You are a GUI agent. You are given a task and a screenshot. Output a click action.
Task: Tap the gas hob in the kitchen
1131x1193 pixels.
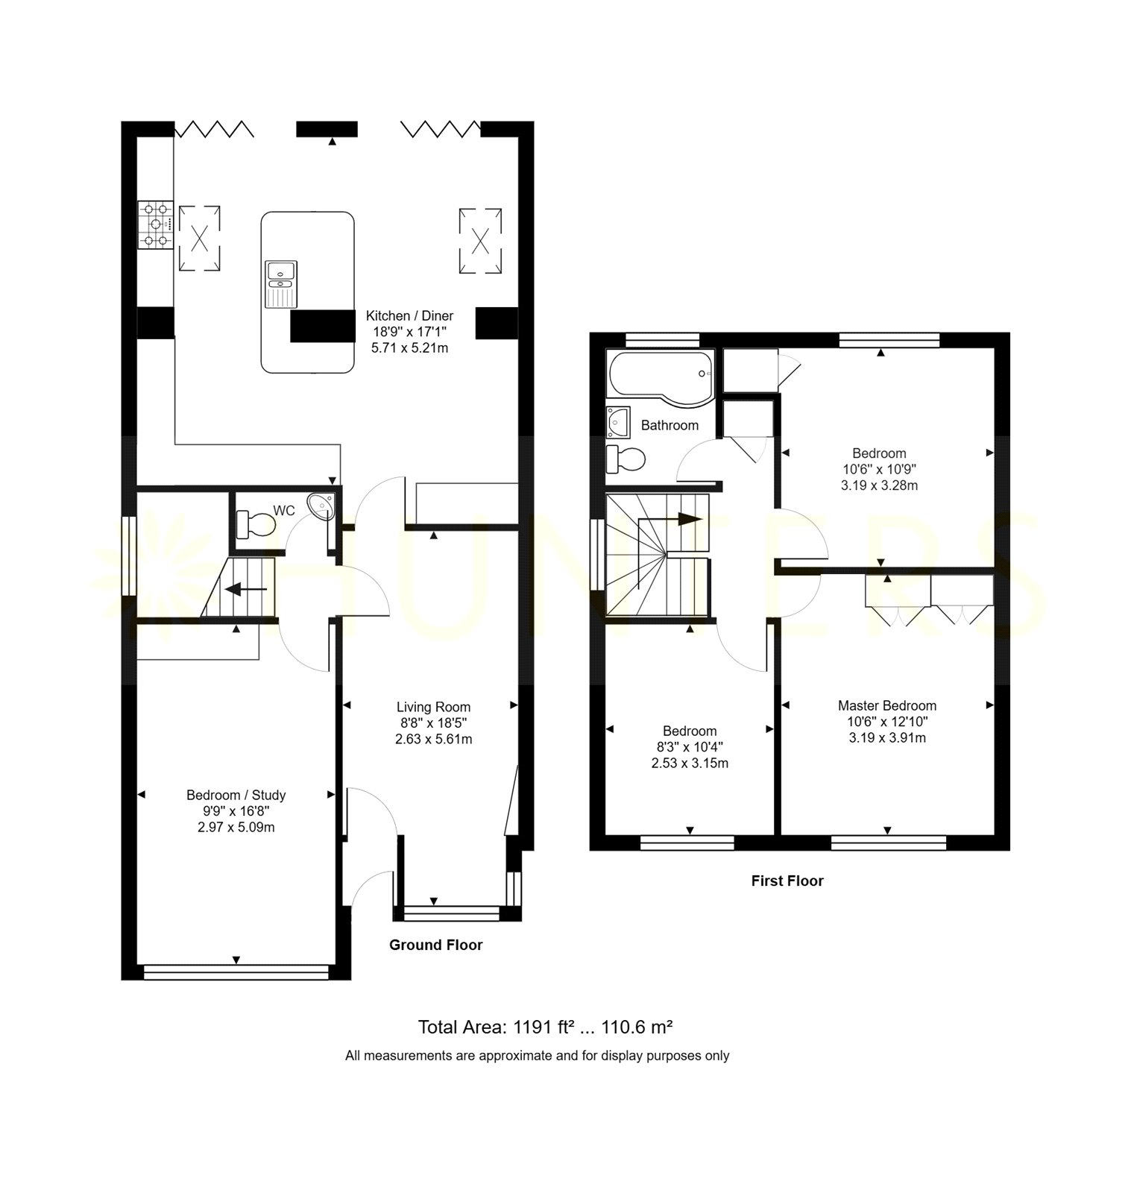(156, 224)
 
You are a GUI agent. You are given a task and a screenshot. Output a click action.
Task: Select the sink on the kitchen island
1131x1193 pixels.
(281, 283)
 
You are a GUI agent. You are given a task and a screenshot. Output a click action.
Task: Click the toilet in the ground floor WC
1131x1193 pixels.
(255, 523)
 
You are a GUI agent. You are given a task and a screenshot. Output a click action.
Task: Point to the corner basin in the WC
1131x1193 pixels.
(325, 505)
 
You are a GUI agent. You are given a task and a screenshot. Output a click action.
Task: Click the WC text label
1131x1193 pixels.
(284, 511)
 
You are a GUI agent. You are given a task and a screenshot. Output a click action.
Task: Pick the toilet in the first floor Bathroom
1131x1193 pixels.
(625, 459)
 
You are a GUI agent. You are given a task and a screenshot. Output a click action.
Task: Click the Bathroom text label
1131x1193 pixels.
(670, 425)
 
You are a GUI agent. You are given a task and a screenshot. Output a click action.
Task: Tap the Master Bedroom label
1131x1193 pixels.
(887, 705)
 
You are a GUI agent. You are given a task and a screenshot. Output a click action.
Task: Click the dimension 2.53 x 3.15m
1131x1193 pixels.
(690, 763)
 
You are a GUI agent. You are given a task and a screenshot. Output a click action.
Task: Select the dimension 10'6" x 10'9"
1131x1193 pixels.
(880, 469)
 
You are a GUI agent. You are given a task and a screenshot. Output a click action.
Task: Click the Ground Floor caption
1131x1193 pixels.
(436, 945)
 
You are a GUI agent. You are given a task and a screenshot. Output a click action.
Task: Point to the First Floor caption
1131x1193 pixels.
(787, 881)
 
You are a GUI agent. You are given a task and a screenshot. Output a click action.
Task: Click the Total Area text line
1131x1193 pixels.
(546, 1027)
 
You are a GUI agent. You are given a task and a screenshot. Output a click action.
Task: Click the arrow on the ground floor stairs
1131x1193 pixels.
(246, 590)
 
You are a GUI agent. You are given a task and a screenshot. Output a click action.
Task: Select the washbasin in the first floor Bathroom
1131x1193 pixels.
(618, 421)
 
